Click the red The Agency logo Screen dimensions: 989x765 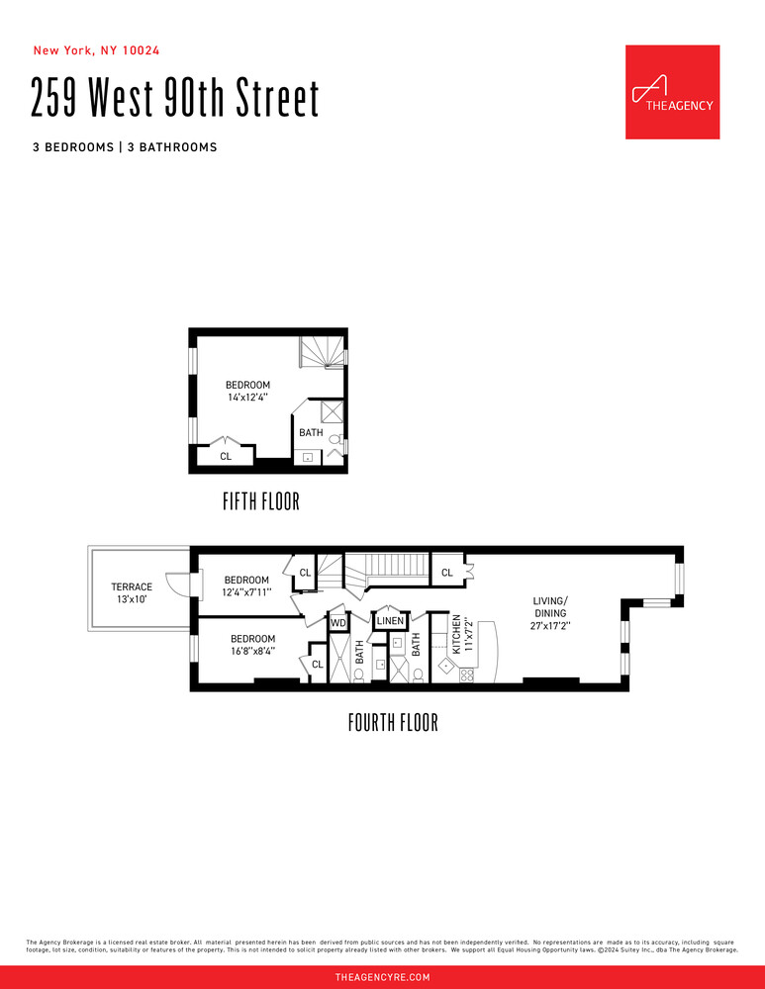click(672, 92)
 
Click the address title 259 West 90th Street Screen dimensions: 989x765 click(176, 99)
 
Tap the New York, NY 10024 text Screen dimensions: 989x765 click(97, 50)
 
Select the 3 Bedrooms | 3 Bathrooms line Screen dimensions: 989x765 click(124, 147)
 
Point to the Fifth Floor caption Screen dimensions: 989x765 click(260, 502)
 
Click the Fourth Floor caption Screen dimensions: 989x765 click(393, 723)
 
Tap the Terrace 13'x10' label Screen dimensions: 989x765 click(132, 592)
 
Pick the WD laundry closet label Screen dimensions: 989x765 click(337, 623)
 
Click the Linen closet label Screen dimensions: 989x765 click(390, 621)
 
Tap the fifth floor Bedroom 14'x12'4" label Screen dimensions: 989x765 click(247, 391)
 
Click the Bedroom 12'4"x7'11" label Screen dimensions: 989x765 click(246, 585)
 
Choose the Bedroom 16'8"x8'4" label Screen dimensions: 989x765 click(252, 644)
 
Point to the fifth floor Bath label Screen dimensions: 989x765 click(311, 432)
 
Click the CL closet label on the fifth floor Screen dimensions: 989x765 click(226, 456)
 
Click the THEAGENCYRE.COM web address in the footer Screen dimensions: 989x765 click(382, 977)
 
